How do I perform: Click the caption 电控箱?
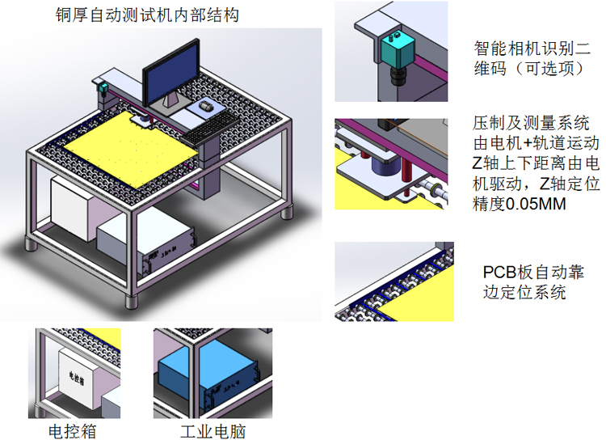pos(73,430)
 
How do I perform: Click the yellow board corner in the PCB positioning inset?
pos(420,303)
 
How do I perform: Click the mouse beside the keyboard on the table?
pos(207,106)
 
